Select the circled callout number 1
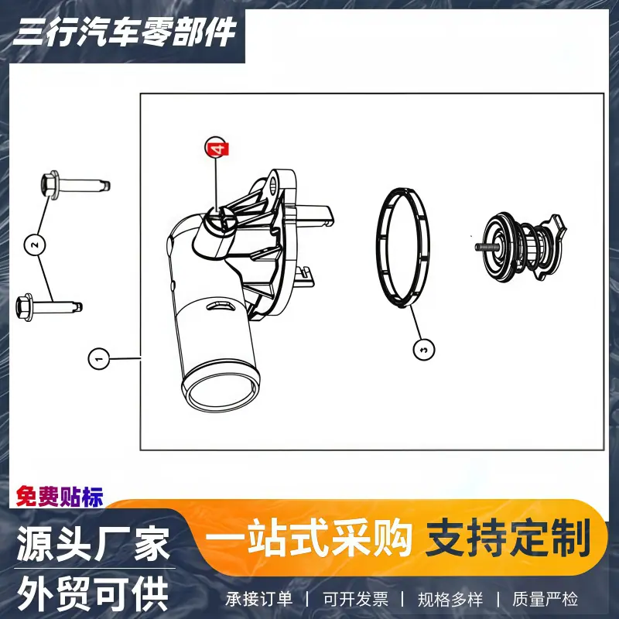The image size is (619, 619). tap(99, 358)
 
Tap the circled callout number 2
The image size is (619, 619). tap(35, 245)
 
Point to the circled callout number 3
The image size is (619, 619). tap(424, 350)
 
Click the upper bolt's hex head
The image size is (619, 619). tap(50, 183)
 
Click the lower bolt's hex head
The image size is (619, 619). tap(24, 307)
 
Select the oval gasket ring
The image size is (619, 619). tap(402, 248)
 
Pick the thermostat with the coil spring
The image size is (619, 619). tap(521, 248)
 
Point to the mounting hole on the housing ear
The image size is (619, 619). tap(272, 186)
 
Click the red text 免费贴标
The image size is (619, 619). tap(60, 496)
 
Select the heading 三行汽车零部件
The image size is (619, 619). tap(125, 32)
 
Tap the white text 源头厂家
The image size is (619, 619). tap(94, 543)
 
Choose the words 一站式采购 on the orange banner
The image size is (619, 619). tap(308, 538)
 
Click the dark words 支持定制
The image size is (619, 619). tap(508, 538)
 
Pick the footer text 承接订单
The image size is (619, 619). tap(259, 599)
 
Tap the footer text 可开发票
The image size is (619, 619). tap(356, 599)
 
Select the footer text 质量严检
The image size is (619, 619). tap(545, 599)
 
